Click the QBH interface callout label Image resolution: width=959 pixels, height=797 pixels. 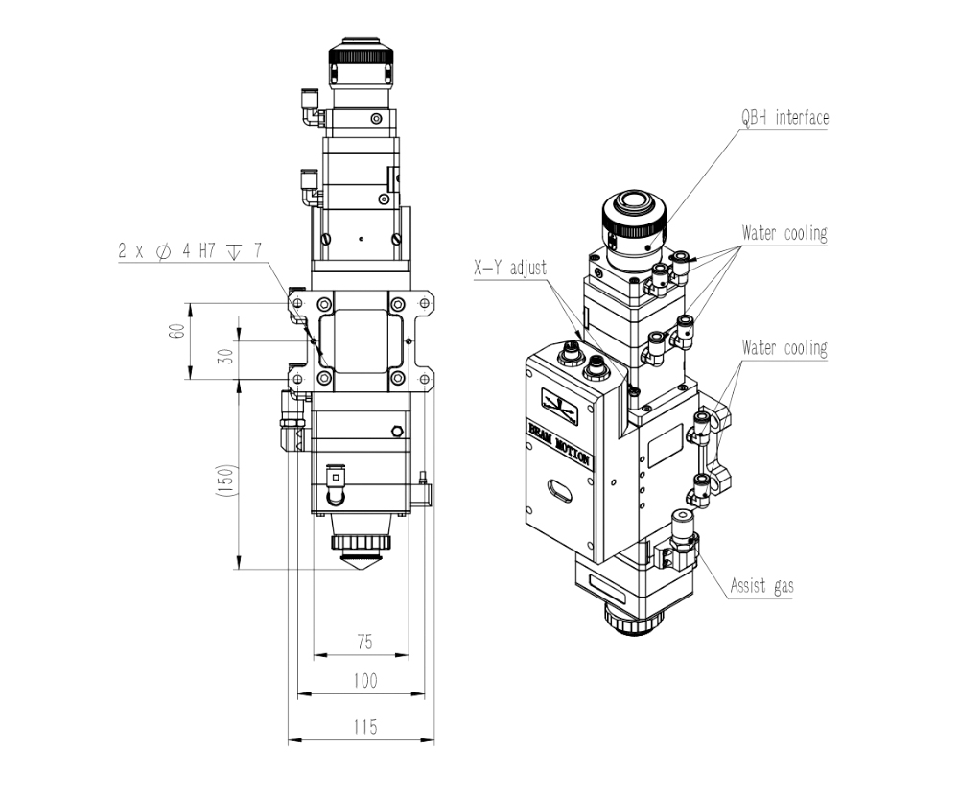784,117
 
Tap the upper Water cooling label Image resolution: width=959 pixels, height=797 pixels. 784,233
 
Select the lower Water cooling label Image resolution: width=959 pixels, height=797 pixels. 784,348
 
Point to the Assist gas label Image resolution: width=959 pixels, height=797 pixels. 761,586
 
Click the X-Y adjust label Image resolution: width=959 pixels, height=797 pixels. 510,268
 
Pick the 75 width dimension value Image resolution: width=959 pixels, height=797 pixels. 364,642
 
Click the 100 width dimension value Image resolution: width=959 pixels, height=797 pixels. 365,681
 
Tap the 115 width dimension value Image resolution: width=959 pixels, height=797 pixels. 365,727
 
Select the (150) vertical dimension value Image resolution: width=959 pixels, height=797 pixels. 226,481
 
